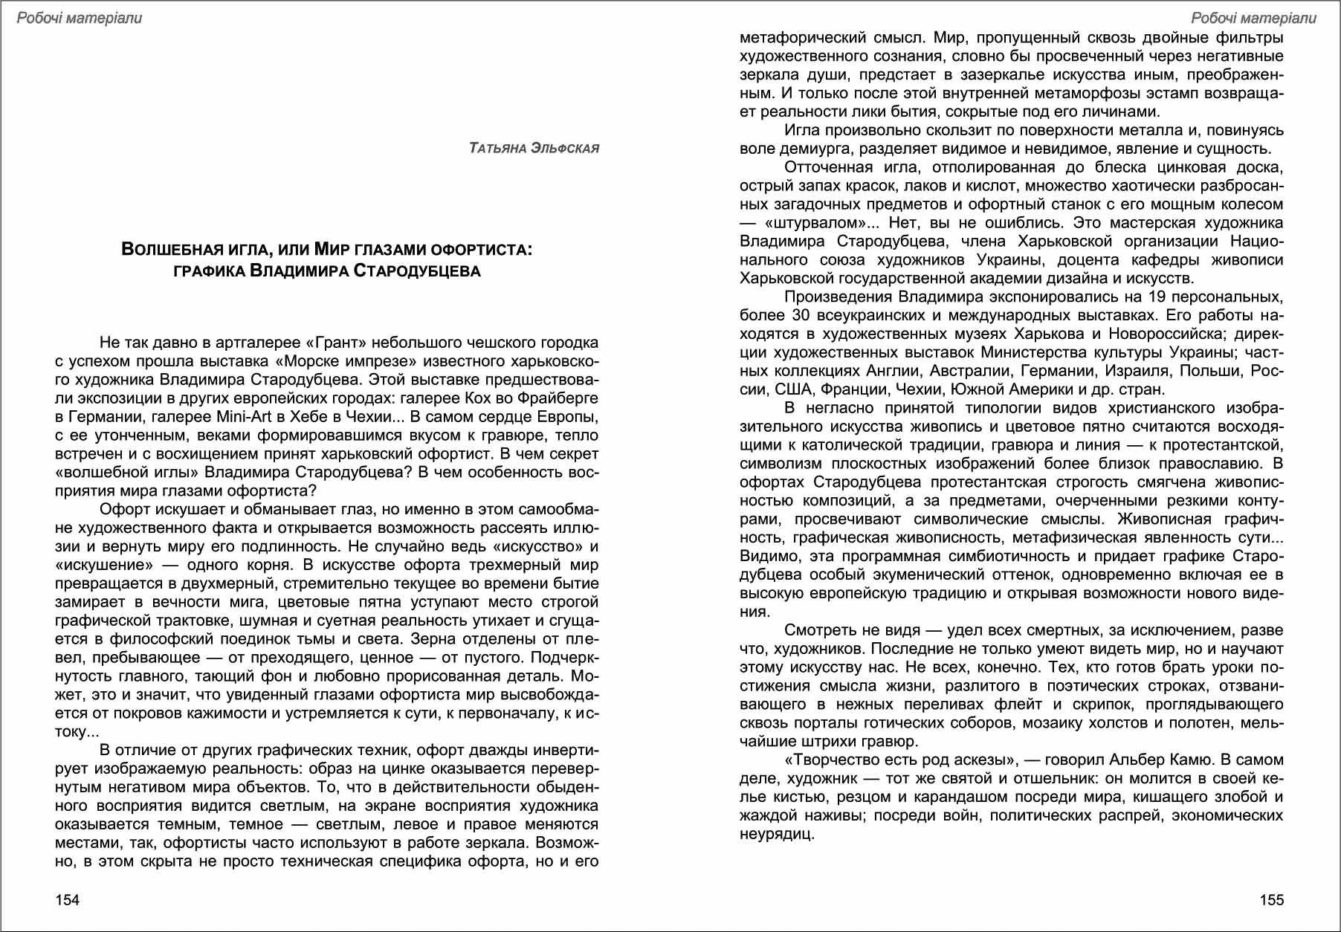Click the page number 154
[x=67, y=900]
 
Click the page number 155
[x=1271, y=900]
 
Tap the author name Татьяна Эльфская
[x=534, y=149]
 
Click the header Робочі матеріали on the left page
[x=79, y=18]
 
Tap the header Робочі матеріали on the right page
[x=1253, y=18]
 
